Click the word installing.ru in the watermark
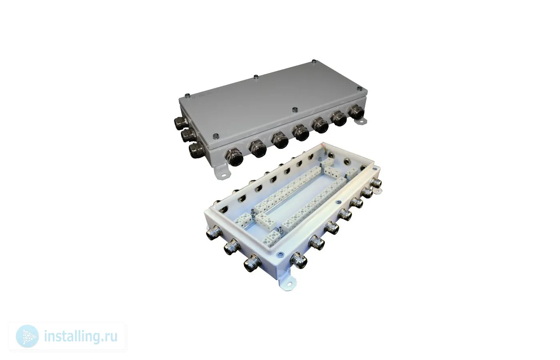click(80, 337)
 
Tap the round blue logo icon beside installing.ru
click(27, 336)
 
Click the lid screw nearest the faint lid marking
click(187, 95)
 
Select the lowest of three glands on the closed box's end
click(196, 150)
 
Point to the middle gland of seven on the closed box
click(301, 133)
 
